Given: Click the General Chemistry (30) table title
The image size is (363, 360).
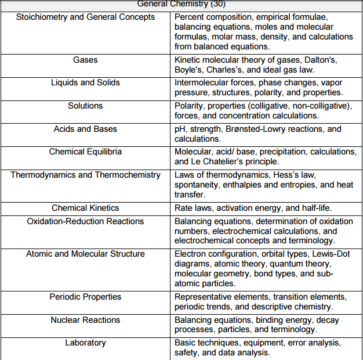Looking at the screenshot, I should (181, 4).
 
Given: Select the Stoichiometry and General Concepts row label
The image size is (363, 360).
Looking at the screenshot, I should (86, 17).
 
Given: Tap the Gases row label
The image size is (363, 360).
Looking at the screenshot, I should (85, 60).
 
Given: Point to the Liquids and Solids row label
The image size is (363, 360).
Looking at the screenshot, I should (85, 83).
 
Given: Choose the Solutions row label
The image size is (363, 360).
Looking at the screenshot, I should (85, 106).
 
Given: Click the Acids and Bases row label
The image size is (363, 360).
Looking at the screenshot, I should (85, 129).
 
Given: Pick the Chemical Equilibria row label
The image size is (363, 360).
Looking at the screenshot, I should (85, 152).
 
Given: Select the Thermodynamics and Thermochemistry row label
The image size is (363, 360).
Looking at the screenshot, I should (85, 175).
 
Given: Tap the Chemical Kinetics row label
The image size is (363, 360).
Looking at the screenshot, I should (85, 208).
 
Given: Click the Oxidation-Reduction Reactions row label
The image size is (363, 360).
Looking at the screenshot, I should (85, 221).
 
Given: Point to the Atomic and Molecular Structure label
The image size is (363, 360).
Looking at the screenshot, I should (85, 254).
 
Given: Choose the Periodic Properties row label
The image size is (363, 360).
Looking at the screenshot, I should (85, 297).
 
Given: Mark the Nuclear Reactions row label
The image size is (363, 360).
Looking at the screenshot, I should (85, 320).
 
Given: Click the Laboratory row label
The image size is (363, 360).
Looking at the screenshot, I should (85, 343).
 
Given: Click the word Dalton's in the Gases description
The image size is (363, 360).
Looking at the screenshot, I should (321, 60).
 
